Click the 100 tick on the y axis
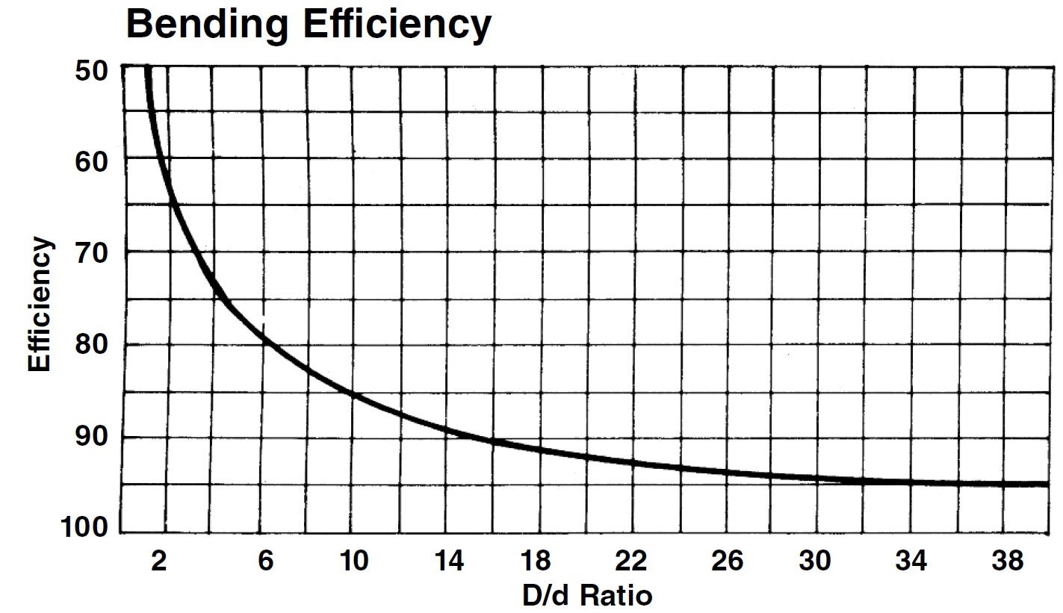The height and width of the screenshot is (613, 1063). tap(88, 529)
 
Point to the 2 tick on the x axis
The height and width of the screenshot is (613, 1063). tap(158, 561)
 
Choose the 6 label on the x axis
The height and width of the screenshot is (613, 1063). tap(265, 561)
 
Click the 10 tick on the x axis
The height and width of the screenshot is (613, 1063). tap(353, 561)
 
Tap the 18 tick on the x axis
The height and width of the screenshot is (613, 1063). tap(539, 561)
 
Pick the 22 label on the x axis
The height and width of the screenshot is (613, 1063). tap(632, 561)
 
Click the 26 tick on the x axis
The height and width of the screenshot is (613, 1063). tap(725, 561)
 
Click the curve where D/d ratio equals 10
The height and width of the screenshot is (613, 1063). tap(353, 394)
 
